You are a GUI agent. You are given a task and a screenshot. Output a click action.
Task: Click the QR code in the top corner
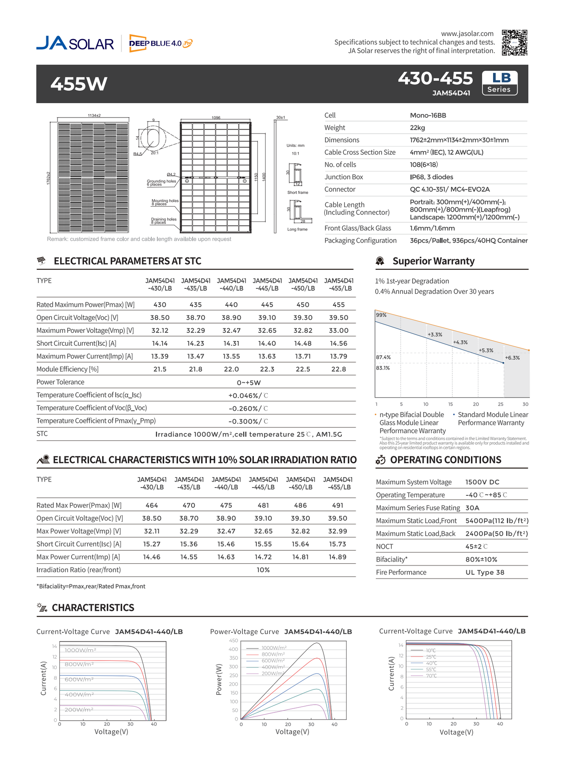[x=514, y=42]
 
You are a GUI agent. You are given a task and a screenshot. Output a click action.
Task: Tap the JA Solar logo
[x=75, y=43]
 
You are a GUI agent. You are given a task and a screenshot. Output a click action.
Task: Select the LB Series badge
[x=499, y=83]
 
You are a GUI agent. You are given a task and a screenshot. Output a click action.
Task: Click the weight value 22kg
[x=417, y=128]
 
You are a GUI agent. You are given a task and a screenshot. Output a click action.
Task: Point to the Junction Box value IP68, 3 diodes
[x=431, y=177]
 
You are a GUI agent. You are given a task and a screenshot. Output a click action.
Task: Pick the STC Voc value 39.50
[x=338, y=318]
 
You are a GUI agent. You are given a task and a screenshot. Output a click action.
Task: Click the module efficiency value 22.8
[x=338, y=369]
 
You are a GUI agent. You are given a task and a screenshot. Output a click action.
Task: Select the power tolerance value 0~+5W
[x=249, y=382]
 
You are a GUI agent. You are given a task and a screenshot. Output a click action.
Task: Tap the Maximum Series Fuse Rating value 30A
[x=472, y=508]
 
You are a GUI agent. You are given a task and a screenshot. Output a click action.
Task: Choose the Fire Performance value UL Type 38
[x=485, y=572]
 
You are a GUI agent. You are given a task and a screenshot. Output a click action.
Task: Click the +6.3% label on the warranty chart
[x=512, y=357]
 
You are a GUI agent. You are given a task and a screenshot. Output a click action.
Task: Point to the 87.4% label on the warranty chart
[x=383, y=357]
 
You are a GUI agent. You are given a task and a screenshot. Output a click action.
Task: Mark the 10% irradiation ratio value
[x=263, y=570]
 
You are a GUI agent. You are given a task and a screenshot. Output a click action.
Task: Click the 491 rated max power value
[x=337, y=505]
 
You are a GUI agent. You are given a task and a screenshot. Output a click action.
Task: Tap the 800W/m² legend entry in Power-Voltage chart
[x=273, y=654]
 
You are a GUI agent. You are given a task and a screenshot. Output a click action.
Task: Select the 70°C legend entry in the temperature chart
[x=431, y=676]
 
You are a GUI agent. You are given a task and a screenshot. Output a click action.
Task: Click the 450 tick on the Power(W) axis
[x=233, y=641]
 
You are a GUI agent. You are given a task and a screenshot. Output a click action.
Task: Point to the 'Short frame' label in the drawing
[x=298, y=193]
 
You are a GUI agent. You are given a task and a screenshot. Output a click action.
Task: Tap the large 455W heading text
[x=79, y=84]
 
